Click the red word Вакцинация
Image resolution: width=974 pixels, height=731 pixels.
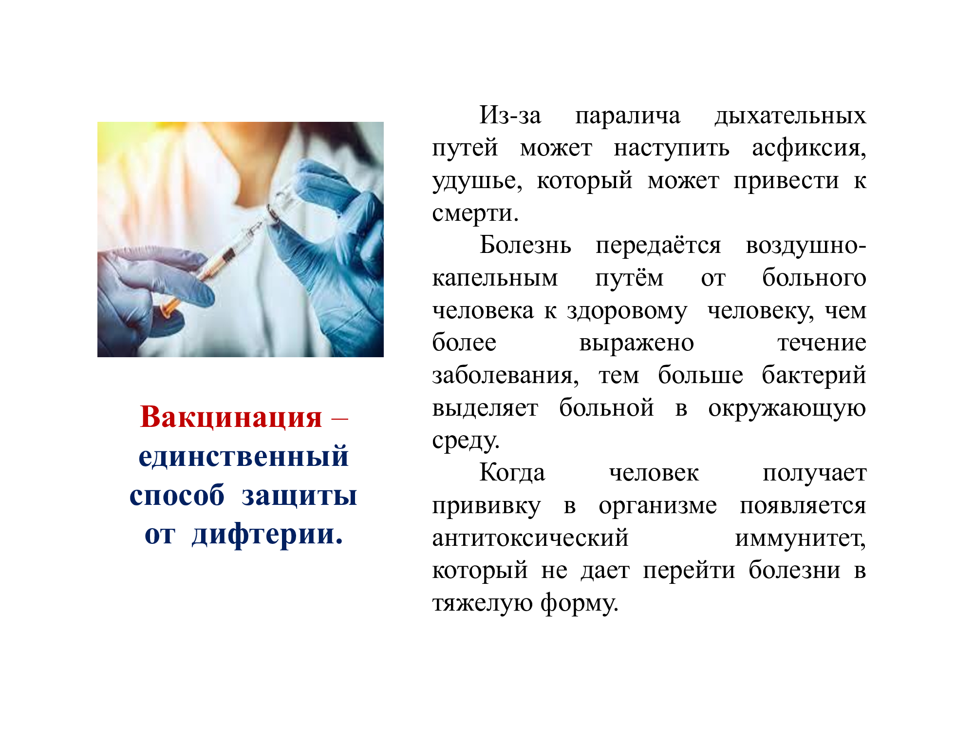click(x=231, y=418)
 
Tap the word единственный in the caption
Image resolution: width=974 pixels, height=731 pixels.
click(x=243, y=457)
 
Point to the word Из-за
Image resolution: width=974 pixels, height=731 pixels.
click(x=510, y=116)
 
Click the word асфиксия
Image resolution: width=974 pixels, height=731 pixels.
click(x=809, y=148)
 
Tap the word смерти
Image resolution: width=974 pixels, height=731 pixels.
click(x=475, y=213)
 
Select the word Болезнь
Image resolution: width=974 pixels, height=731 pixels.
click(x=525, y=245)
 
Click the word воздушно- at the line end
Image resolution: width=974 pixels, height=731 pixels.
click(x=805, y=246)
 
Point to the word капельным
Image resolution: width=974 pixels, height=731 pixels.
click(x=495, y=278)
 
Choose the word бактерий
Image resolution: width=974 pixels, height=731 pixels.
click(x=814, y=375)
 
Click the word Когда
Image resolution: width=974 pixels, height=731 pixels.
click(x=512, y=472)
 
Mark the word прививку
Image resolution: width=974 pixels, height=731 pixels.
click(x=486, y=506)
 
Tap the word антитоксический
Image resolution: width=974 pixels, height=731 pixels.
click(x=530, y=538)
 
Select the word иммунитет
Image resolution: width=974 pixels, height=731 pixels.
click(x=800, y=539)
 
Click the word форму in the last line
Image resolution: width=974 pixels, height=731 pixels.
click(x=580, y=603)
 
